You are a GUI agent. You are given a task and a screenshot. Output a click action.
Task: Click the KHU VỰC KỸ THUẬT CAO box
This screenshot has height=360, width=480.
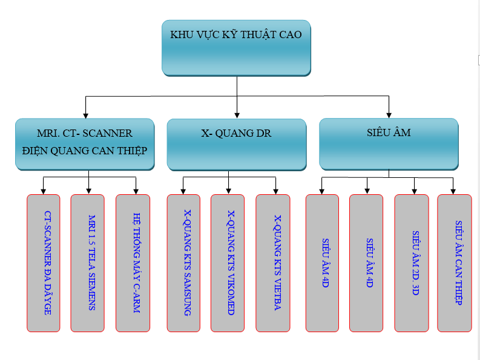pyautogui.click(x=236, y=48)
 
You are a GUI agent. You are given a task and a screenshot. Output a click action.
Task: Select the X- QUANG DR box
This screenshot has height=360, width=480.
pyautogui.click(x=236, y=144)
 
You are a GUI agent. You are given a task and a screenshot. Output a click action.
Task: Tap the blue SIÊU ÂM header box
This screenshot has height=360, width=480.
pyautogui.click(x=389, y=143)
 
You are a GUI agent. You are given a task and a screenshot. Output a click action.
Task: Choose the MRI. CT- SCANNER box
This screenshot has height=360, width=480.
pyautogui.click(x=84, y=143)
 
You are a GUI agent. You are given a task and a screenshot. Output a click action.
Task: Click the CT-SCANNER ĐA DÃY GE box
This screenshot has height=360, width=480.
pyautogui.click(x=44, y=263)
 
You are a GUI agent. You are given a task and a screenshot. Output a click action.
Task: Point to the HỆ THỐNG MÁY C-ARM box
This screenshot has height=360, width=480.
pyautogui.click(x=133, y=263)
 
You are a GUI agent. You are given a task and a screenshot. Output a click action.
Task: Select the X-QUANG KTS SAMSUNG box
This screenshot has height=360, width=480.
pyautogui.click(x=183, y=263)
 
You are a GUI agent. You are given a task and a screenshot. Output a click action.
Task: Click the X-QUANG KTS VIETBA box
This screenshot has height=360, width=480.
pyautogui.click(x=272, y=263)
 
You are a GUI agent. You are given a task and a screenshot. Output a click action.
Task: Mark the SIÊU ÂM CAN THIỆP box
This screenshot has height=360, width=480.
pyautogui.click(x=454, y=263)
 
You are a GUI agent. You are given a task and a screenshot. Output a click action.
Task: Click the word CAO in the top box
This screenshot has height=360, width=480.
pyautogui.click(x=289, y=34)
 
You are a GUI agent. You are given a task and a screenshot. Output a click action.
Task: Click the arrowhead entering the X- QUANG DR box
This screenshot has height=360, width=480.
pyautogui.click(x=237, y=114)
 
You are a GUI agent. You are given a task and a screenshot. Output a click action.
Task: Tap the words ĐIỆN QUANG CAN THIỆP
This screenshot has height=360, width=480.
pyautogui.click(x=84, y=150)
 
